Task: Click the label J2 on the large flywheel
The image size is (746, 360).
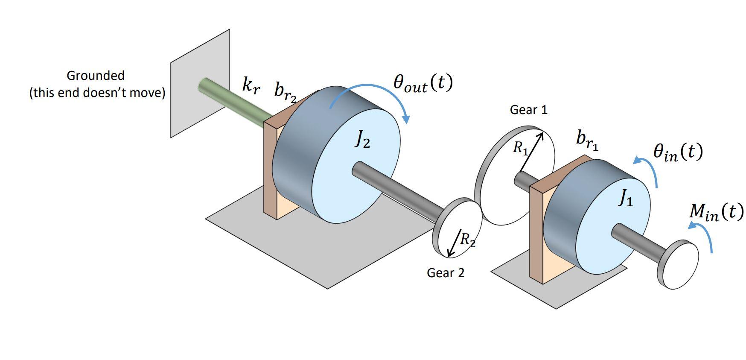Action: (362, 139)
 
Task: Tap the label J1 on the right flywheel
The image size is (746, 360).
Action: (626, 198)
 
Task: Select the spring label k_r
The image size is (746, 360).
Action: (251, 85)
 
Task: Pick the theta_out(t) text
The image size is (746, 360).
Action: (422, 83)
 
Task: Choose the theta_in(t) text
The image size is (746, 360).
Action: (678, 152)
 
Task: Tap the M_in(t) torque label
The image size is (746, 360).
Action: (716, 212)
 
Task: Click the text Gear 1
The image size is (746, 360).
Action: (528, 110)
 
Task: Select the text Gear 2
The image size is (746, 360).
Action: (446, 273)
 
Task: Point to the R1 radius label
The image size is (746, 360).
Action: (520, 148)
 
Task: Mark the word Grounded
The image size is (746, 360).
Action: (96, 76)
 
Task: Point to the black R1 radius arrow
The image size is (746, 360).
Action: (531, 152)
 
